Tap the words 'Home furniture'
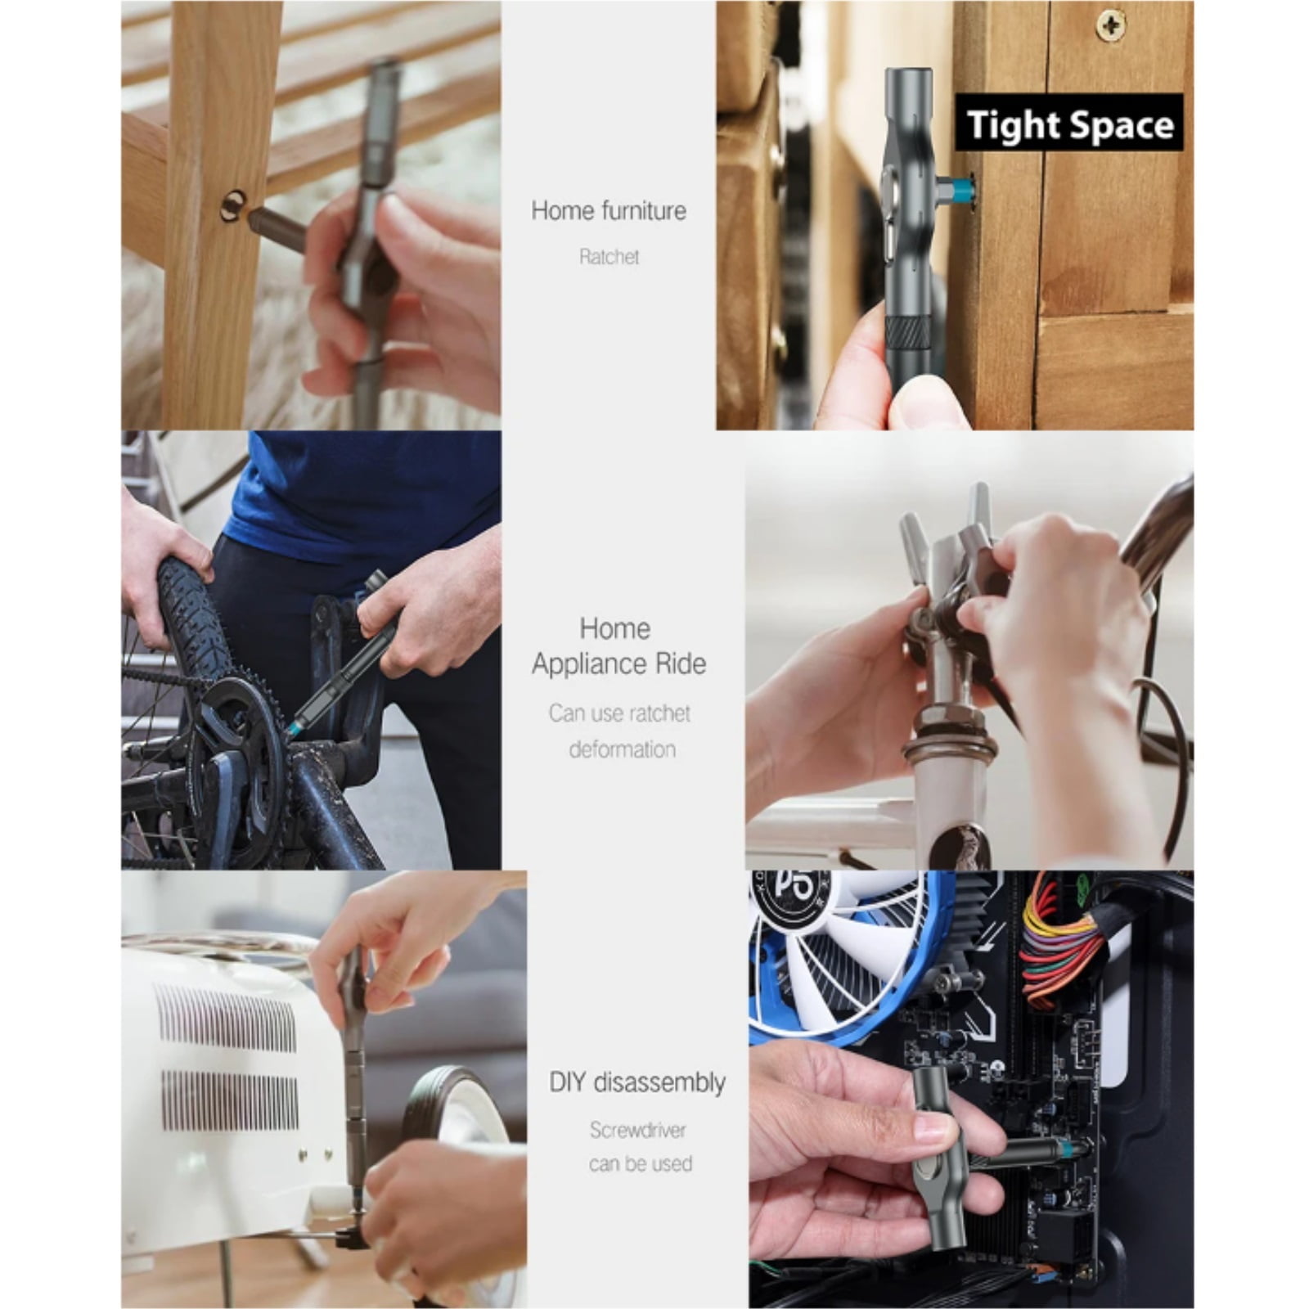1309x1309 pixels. (x=609, y=210)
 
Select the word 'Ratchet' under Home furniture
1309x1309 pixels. (x=609, y=257)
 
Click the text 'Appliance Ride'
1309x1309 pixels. (x=619, y=663)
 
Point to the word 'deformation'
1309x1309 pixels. (x=623, y=749)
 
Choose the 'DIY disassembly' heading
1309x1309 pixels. (x=637, y=1082)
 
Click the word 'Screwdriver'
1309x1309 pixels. (x=638, y=1130)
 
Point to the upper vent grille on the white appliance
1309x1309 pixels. (x=225, y=1019)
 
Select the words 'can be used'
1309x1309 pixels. (x=641, y=1163)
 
